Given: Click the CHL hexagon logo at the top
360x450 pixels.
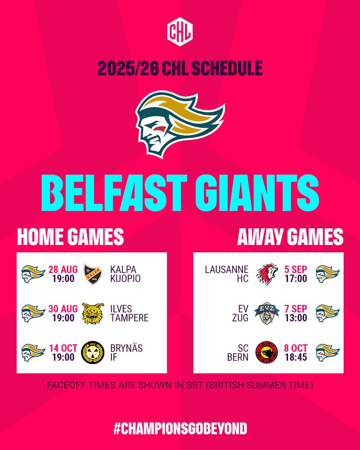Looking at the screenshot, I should [x=180, y=31].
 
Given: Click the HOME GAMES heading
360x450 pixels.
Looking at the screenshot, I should [x=70, y=237].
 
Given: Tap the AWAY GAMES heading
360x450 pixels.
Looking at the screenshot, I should [x=290, y=237].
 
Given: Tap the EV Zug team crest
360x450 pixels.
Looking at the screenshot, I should [x=267, y=313].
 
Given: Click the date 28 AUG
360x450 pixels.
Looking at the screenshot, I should [x=63, y=269].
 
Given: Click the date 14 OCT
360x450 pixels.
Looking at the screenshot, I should [x=63, y=348].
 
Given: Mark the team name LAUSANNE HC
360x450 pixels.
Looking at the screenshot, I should [x=226, y=274].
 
